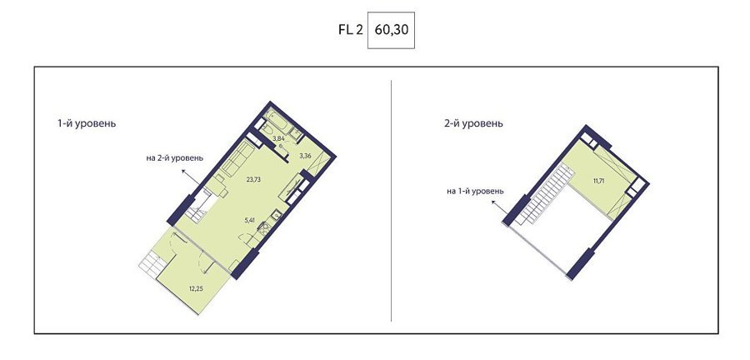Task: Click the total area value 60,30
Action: click(x=391, y=30)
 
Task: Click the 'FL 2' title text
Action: click(x=351, y=30)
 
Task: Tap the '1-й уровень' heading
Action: click(x=87, y=123)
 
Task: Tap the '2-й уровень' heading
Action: click(x=473, y=123)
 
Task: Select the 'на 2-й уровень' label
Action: click(x=175, y=157)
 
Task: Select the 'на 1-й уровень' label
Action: click(x=475, y=191)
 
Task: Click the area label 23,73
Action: click(x=254, y=180)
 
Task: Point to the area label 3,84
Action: click(x=278, y=138)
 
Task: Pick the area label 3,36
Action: click(x=306, y=155)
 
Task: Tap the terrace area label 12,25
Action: click(x=193, y=288)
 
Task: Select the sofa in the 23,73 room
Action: click(x=237, y=158)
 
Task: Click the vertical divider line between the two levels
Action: click(x=392, y=200)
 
